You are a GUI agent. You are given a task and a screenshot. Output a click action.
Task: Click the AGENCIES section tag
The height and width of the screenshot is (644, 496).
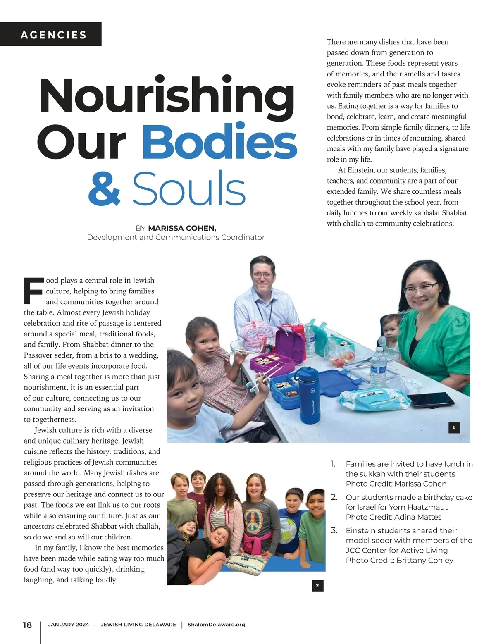pyautogui.click(x=53, y=35)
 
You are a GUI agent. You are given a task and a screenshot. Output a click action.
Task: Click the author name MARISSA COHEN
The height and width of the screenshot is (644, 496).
pyautogui.click(x=182, y=228)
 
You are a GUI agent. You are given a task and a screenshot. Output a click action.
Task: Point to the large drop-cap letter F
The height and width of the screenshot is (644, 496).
pyautogui.click(x=33, y=291)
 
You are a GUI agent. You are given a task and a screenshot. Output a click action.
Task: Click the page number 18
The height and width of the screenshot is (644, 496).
pyautogui.click(x=27, y=625)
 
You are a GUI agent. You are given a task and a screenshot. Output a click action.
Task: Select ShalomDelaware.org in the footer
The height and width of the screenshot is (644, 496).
pyautogui.click(x=216, y=625)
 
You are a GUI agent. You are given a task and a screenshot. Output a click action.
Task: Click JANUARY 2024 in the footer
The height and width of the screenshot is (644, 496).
pyautogui.click(x=69, y=625)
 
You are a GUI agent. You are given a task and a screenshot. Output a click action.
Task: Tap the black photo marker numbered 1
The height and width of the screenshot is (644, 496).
pyautogui.click(x=454, y=427)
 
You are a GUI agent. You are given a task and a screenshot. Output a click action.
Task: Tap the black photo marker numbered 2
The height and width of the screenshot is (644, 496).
pyautogui.click(x=317, y=585)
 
